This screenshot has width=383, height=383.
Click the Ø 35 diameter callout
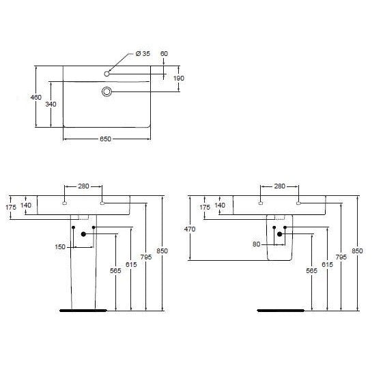click(x=143, y=53)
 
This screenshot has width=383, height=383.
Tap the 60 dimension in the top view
click(x=164, y=53)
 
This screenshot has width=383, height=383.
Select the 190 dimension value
click(x=179, y=79)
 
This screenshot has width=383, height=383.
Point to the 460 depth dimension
click(x=36, y=97)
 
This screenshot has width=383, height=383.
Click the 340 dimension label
click(x=51, y=104)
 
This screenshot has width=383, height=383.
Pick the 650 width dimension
click(x=106, y=139)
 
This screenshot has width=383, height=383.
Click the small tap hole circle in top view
click(x=107, y=74)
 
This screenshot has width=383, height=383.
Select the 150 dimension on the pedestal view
click(x=60, y=247)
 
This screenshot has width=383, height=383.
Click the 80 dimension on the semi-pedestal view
click(x=256, y=244)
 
